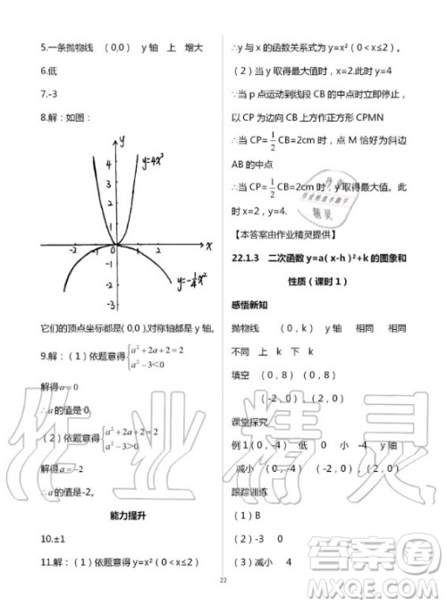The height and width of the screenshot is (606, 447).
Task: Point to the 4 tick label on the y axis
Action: (107, 164)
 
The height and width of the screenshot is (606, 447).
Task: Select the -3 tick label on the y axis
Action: (108, 307)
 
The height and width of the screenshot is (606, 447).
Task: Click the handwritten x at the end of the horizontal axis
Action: (207, 245)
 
